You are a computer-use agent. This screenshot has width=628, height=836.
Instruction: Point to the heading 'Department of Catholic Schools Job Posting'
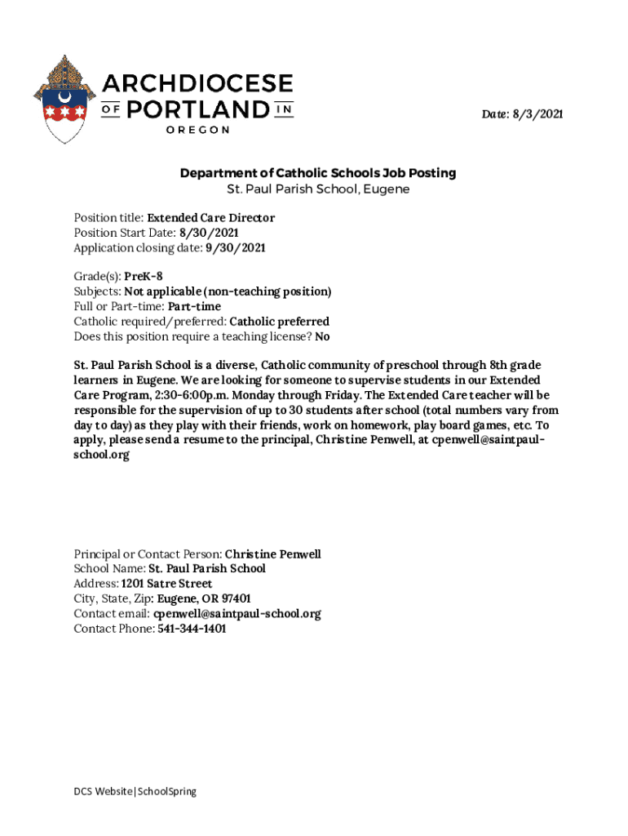coord(318,173)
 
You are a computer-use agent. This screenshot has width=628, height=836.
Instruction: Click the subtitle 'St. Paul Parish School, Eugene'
coord(318,189)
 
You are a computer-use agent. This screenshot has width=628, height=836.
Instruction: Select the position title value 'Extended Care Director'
coord(210,218)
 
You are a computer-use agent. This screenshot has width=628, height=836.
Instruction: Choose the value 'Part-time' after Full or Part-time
coord(194,306)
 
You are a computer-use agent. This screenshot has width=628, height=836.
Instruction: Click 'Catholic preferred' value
coord(280,322)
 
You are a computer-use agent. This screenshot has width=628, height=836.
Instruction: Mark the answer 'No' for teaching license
coord(322,336)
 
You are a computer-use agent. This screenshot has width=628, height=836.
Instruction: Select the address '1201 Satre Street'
coord(166,584)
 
